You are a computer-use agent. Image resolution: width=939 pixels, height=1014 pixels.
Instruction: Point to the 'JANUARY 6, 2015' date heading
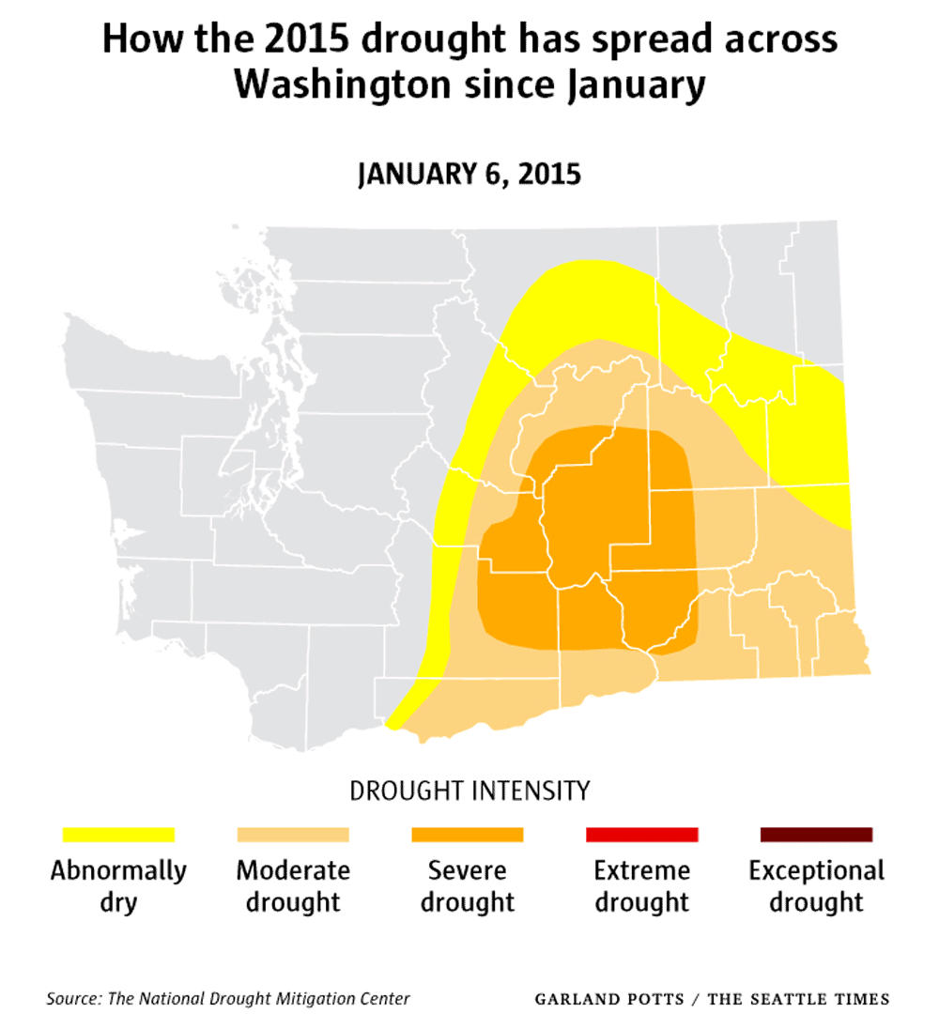469,175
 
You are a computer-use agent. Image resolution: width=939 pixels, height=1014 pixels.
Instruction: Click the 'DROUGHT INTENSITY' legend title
469,791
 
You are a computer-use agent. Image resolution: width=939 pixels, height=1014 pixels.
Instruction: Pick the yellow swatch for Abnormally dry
118,835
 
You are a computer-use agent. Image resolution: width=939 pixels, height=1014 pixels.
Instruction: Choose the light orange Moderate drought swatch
293,835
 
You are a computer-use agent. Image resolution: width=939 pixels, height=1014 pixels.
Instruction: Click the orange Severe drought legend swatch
468,835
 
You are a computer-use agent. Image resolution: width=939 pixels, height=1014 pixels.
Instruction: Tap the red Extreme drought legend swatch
642,835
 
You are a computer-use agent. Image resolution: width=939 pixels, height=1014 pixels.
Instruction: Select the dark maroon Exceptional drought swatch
816,835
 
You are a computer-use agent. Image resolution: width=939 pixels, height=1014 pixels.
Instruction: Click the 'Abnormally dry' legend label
118,885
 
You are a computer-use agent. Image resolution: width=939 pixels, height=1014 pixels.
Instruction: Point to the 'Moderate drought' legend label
293,885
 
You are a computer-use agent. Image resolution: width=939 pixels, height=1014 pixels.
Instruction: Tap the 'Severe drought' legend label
468,885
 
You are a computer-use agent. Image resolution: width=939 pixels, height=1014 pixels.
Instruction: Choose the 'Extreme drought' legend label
642,885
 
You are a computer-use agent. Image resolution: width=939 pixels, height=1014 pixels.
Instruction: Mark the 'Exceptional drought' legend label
816,885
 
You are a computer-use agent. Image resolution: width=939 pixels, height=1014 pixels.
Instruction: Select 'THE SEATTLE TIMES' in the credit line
798,999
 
